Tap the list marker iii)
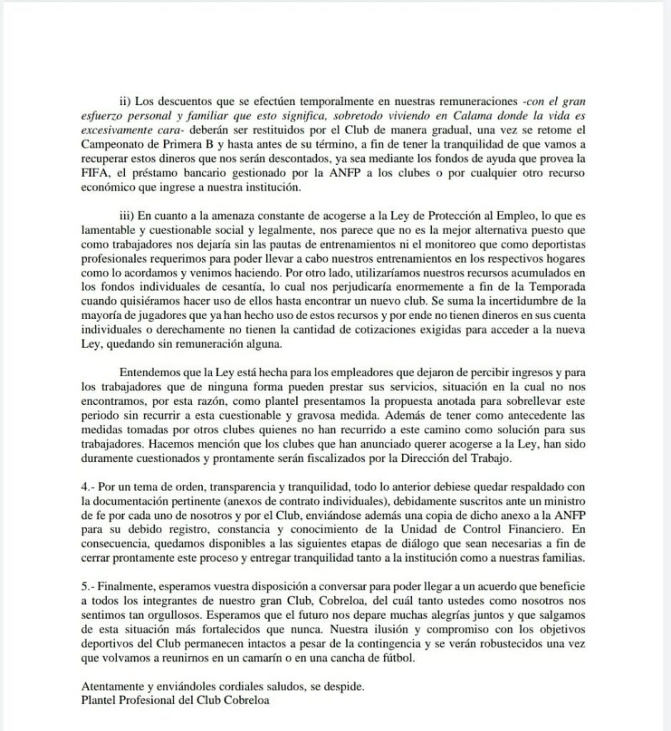tap(126, 212)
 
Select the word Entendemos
tap(151, 372)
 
